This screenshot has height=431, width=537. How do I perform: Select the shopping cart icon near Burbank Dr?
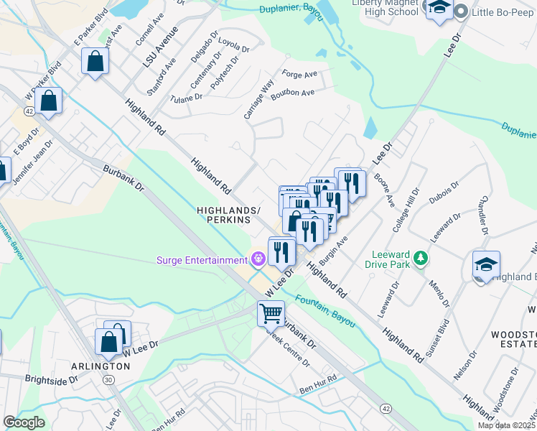(271, 312)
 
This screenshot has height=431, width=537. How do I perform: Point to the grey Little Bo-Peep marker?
(460, 10)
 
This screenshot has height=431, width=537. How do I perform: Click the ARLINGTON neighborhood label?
(101, 366)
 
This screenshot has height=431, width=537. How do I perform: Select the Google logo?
(24, 422)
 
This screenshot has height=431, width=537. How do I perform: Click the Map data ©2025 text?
(505, 425)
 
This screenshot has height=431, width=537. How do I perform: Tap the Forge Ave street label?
(299, 74)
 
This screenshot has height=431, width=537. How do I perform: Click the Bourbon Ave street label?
(296, 93)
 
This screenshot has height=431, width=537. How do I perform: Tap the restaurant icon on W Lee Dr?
(281, 251)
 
